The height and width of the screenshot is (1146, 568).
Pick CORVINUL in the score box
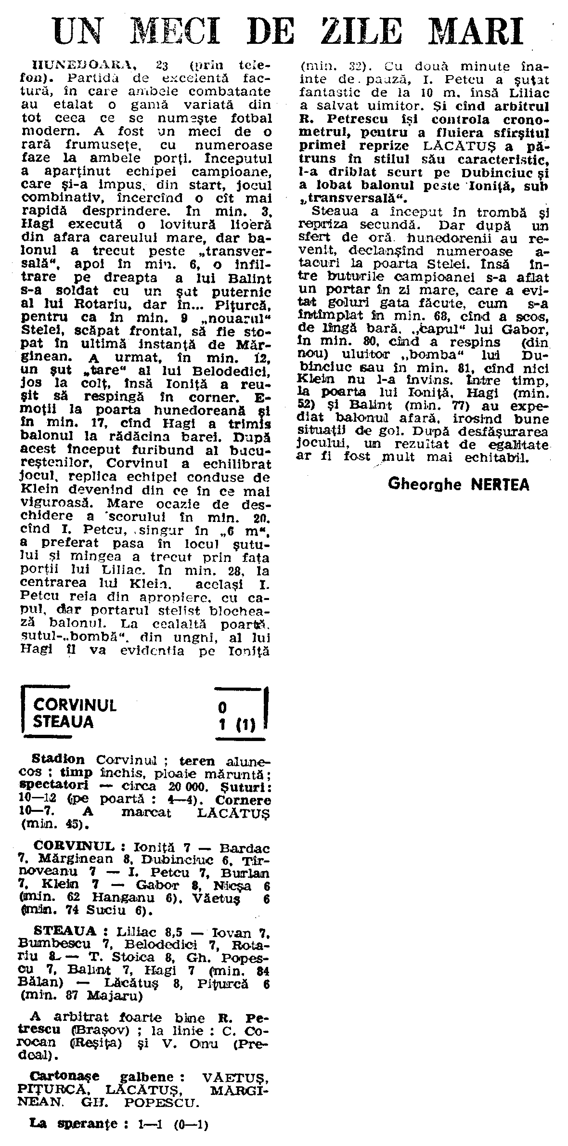75,705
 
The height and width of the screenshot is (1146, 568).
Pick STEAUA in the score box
64,723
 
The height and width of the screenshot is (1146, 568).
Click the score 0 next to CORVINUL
222,707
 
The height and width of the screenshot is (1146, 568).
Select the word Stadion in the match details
58,759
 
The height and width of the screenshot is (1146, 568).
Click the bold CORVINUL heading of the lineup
74,846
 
